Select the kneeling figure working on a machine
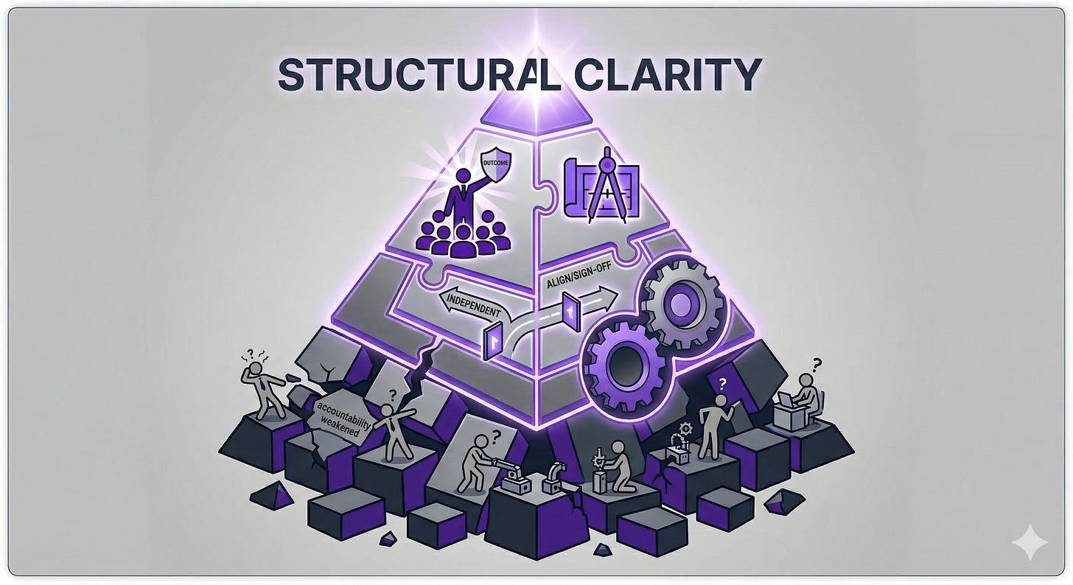(610, 470)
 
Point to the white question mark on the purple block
(722, 383)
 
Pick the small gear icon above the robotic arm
(686, 428)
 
